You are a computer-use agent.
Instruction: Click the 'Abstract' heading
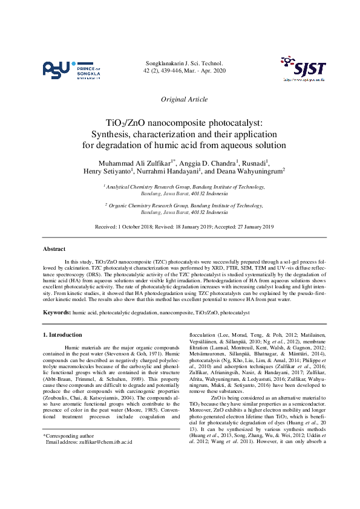tap(54, 249)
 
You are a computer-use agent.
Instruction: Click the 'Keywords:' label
tap(57, 312)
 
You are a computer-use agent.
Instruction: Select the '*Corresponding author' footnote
tap(68, 435)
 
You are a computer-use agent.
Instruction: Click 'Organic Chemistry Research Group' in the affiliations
tap(148, 206)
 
